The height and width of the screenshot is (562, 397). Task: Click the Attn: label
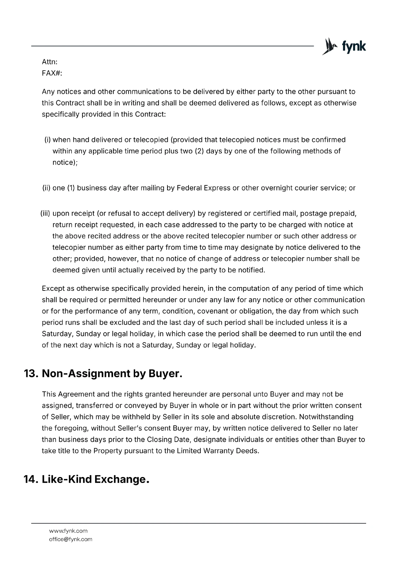tap(49, 62)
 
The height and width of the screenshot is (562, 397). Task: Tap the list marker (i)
tap(47, 140)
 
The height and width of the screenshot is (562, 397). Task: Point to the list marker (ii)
tap(46, 188)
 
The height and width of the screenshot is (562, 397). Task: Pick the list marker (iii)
tap(46, 214)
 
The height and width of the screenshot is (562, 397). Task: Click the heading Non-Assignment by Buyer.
tap(112, 373)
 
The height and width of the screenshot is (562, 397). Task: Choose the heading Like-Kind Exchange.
tap(95, 479)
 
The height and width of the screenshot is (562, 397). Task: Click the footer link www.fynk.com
tap(68, 531)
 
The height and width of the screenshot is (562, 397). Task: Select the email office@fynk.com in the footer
tap(71, 539)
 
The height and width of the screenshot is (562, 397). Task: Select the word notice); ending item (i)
tap(65, 163)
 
